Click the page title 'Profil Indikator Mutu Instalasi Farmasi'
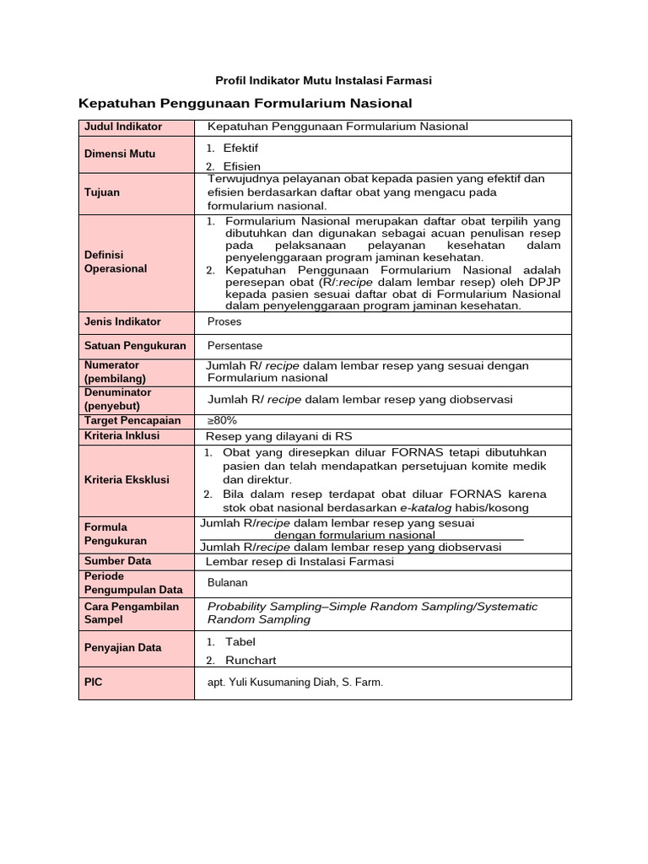click(x=324, y=80)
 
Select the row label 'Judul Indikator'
click(x=122, y=127)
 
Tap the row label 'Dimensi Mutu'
click(x=120, y=154)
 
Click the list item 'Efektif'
click(x=240, y=148)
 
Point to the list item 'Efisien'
click(x=241, y=166)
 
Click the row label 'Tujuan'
click(x=102, y=192)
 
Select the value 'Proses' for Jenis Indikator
click(x=224, y=321)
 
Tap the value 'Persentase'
click(x=235, y=346)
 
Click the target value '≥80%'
click(x=222, y=420)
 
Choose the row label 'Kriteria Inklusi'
click(x=121, y=436)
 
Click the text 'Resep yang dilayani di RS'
click(x=279, y=436)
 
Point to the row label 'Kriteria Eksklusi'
click(x=127, y=479)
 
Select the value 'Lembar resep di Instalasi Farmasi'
click(x=300, y=561)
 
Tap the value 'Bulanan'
click(x=228, y=583)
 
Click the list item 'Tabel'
click(x=240, y=641)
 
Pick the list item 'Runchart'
click(x=250, y=661)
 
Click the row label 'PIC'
click(x=93, y=682)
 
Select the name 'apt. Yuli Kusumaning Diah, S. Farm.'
click(x=294, y=683)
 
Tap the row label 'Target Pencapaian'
click(x=132, y=420)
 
